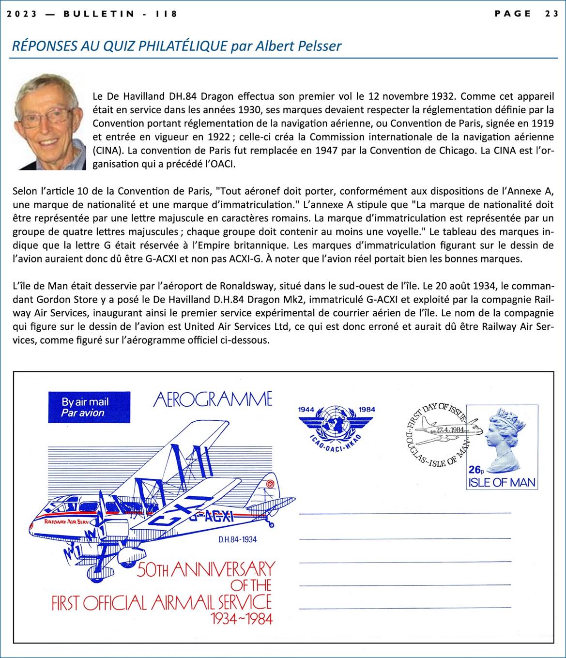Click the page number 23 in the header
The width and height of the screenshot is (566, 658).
(x=551, y=14)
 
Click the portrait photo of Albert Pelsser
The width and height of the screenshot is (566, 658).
(x=48, y=122)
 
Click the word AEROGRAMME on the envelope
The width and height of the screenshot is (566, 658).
(x=213, y=399)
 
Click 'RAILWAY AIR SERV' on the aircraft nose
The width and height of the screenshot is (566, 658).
(x=66, y=522)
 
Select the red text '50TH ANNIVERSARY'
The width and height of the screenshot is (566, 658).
(x=206, y=569)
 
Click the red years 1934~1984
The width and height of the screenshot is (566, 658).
(x=242, y=618)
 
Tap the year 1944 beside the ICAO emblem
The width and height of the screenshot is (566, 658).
(x=306, y=410)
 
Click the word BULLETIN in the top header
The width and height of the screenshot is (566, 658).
(x=99, y=14)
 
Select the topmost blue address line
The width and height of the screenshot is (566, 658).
(x=405, y=513)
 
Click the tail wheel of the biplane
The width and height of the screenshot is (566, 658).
(x=271, y=525)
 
